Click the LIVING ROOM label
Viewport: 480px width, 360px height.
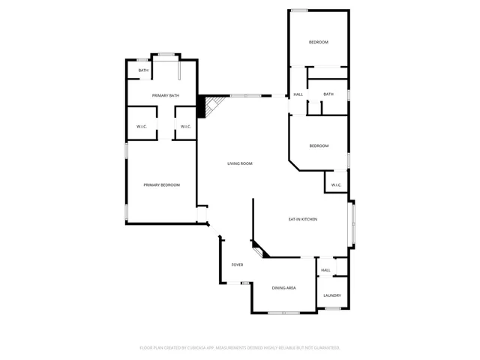click(240, 163)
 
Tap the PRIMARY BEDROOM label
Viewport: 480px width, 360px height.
click(162, 184)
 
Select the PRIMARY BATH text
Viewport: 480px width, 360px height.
click(165, 95)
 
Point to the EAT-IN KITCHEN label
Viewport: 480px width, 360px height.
click(303, 219)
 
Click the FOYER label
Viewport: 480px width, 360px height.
click(237, 265)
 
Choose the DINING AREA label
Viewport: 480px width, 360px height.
click(283, 288)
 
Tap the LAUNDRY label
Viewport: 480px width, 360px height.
click(332, 295)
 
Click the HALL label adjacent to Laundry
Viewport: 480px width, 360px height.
click(325, 270)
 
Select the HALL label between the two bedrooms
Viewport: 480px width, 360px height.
click(298, 94)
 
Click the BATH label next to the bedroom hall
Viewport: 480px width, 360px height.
click(328, 94)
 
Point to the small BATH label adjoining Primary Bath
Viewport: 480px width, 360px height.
click(142, 70)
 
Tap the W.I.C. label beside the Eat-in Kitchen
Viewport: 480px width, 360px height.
click(335, 184)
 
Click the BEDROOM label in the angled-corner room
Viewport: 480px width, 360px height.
click(319, 145)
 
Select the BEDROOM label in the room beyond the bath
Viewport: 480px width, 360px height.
click(319, 42)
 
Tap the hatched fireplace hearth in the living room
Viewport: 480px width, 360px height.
click(212, 105)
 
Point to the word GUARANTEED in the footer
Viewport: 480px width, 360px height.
click(325, 348)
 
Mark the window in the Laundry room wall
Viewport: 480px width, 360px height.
click(333, 308)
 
